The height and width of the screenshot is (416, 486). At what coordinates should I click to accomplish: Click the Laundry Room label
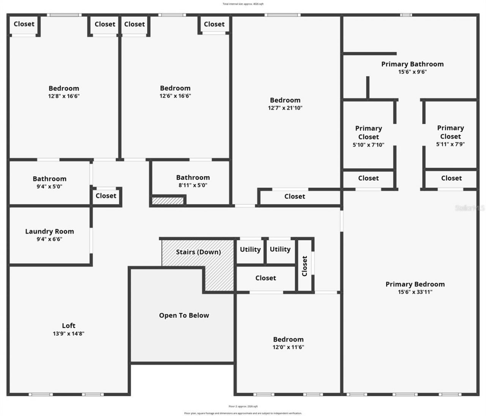tap(49, 231)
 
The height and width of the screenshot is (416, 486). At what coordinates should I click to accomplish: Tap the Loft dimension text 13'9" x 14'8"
tap(68, 334)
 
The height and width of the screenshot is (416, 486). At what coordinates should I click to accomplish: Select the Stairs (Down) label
tap(198, 252)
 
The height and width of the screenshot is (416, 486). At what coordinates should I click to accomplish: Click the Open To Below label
tap(184, 315)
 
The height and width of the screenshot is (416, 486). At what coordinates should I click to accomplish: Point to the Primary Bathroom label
tap(412, 64)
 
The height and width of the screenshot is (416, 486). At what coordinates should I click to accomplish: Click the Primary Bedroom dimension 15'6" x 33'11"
tap(415, 292)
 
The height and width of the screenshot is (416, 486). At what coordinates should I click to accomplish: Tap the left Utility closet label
tap(250, 249)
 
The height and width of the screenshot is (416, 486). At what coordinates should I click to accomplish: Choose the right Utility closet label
tap(280, 249)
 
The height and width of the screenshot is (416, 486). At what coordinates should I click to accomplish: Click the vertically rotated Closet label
tap(305, 266)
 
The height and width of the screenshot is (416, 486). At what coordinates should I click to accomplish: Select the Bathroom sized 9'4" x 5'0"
tap(49, 179)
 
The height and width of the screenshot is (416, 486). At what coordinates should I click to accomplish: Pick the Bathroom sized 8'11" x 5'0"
tap(193, 178)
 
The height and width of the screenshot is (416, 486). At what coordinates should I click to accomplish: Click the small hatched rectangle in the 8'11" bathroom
tap(167, 201)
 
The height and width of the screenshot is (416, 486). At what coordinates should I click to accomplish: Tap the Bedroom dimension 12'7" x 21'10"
tap(285, 108)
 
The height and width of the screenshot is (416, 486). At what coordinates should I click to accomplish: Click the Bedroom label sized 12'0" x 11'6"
tap(288, 339)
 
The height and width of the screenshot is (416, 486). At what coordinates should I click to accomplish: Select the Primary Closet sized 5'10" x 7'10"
tap(368, 132)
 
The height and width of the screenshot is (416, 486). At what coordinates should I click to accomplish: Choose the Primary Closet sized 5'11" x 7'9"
tap(450, 132)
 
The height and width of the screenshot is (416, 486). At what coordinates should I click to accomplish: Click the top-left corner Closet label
tap(24, 24)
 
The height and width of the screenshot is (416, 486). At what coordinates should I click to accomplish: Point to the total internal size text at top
tap(243, 4)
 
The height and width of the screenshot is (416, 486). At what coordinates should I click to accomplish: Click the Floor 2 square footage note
tap(243, 406)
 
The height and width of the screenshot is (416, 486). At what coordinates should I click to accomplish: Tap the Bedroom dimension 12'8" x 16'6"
tap(64, 96)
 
